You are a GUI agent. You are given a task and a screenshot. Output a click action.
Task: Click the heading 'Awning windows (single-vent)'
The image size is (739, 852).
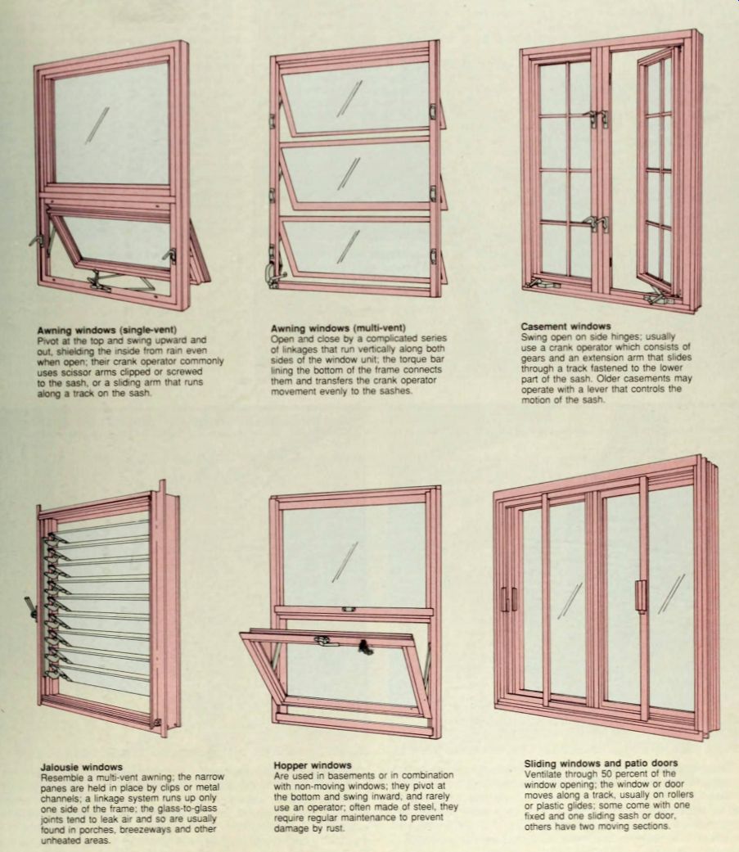tap(106, 330)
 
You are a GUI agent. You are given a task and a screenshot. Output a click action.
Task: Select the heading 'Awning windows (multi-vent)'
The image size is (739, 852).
tap(338, 328)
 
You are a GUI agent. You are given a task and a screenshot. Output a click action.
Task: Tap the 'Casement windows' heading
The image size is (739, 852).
tap(566, 327)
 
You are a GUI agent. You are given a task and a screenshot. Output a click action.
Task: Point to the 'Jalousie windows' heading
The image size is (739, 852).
tap(82, 767)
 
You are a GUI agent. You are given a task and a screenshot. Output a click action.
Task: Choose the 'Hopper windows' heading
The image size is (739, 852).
tap(313, 765)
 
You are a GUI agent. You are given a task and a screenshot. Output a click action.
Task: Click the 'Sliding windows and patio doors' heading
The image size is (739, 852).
tap(601, 764)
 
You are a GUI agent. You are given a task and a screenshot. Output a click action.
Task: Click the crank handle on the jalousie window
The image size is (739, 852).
tap(29, 607)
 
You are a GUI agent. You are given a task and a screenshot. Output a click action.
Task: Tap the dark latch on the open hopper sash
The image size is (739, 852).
tap(363, 647)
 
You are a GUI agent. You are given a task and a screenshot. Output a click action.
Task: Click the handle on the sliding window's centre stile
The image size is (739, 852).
tap(640, 595)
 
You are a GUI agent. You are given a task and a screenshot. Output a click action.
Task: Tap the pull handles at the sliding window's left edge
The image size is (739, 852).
tap(508, 599)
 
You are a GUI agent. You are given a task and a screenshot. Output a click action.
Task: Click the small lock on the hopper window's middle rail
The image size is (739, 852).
tap(349, 610)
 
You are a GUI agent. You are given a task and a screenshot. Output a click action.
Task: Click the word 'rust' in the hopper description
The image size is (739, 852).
tap(335, 828)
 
